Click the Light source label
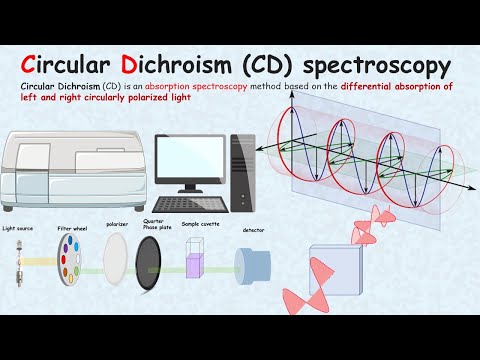coord(18,228)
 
